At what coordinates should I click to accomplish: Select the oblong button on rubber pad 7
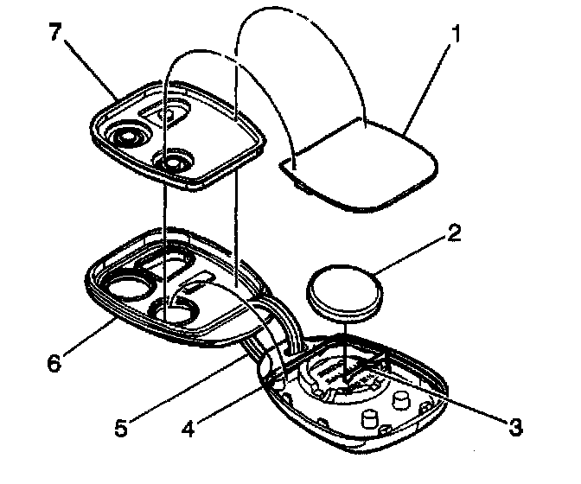coord(171,113)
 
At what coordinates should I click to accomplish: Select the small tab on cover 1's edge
coord(295,169)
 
